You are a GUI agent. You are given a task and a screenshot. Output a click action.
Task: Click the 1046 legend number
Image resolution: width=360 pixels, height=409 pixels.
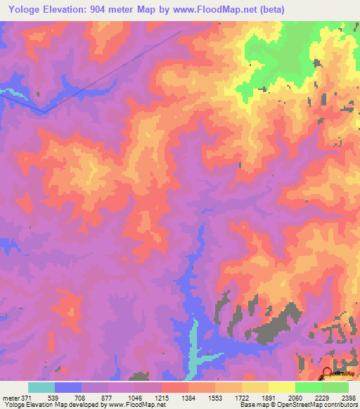tap(136, 398)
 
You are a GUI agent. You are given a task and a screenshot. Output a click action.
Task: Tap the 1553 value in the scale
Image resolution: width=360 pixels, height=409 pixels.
tap(216, 398)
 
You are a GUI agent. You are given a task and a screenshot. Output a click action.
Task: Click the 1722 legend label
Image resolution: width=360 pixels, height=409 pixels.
tap(243, 398)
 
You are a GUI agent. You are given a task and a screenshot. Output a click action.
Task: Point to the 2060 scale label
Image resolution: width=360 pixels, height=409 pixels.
tap(296, 398)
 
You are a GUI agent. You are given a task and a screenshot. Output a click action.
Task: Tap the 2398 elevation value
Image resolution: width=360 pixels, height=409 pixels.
tap(348, 398)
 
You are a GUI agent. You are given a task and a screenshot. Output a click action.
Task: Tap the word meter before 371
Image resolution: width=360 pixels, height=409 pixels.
tap(10, 398)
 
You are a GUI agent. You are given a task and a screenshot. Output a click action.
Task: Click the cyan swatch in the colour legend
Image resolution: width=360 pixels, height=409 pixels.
tap(41, 387)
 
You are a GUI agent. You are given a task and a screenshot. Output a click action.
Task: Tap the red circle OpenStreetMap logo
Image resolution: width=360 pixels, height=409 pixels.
tap(328, 374)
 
